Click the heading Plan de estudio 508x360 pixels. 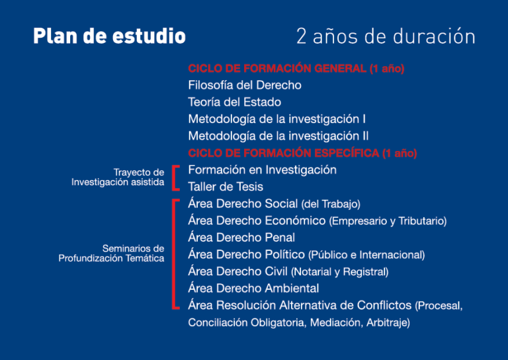coord(110,36)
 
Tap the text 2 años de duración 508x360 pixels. coord(386,36)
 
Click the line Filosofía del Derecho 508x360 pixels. coord(245,85)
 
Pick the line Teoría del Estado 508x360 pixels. coord(235,102)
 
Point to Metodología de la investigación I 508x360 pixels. coord(277,119)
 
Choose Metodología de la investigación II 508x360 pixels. coord(278,136)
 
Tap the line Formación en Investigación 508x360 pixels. coord(263,170)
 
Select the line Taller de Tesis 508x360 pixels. coord(226,187)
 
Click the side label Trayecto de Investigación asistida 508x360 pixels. coord(118,177)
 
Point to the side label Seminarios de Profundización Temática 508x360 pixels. coord(111,253)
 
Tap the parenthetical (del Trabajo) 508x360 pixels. coord(331,204)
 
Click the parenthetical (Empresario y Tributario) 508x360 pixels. coord(388,221)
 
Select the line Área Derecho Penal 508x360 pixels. coord(241,238)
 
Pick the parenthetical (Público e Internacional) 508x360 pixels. coord(366,255)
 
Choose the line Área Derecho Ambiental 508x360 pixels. coord(254,288)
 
